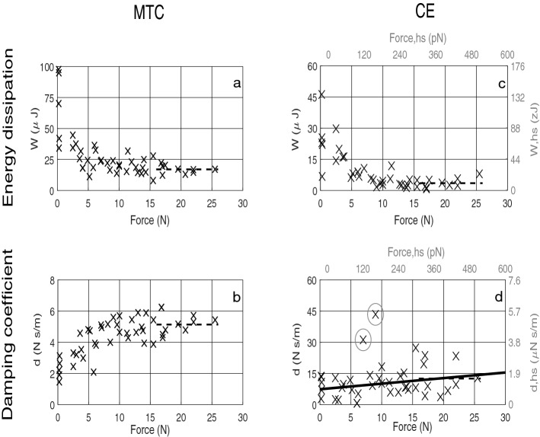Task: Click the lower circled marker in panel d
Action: click(x=363, y=340)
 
